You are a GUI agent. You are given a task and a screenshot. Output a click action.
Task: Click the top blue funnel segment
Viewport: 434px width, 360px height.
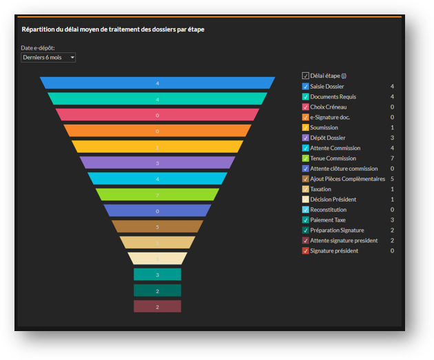[x=157, y=83]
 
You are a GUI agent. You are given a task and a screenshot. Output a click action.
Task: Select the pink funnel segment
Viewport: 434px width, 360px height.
[x=157, y=115]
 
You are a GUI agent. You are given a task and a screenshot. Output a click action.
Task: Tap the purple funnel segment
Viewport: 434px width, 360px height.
[x=157, y=163]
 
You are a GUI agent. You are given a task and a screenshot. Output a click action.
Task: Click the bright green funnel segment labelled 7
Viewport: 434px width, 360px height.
[x=157, y=195]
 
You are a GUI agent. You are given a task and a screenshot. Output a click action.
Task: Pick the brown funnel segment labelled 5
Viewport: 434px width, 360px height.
[x=157, y=226]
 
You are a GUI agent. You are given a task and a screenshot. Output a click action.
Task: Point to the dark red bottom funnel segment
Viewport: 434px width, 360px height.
[x=157, y=306]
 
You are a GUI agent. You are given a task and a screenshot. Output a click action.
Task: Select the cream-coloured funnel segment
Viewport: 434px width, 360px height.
[x=157, y=259]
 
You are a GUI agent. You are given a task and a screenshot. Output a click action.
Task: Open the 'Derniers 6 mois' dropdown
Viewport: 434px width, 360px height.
[x=48, y=58]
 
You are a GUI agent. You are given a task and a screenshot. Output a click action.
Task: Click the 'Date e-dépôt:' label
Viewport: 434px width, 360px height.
[x=38, y=48]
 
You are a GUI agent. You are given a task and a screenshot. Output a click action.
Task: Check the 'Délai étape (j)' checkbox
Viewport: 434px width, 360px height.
[x=306, y=76]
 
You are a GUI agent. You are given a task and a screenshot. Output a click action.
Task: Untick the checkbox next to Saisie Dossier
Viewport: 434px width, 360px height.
[x=306, y=87]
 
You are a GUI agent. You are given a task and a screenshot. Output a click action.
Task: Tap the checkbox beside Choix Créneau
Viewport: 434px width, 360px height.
[x=306, y=107]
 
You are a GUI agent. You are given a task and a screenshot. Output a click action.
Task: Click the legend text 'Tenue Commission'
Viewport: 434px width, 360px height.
[x=333, y=158]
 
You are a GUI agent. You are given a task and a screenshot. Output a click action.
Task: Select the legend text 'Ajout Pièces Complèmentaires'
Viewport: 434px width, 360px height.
[x=347, y=179]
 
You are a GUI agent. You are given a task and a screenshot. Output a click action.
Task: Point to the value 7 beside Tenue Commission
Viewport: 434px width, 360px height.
[x=392, y=158]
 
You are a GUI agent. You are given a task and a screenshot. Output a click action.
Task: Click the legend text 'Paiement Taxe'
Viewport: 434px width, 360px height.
[x=328, y=220]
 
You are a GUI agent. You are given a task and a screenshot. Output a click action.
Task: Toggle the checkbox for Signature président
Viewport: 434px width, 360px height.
[x=306, y=251]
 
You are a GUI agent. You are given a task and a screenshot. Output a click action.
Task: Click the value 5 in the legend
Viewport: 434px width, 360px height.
[x=392, y=179]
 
